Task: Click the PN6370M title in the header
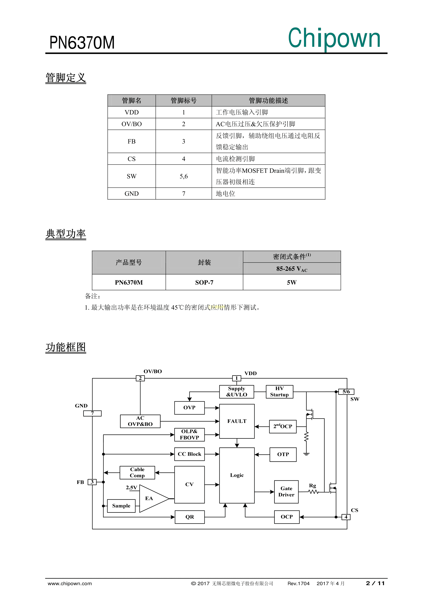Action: coord(82,43)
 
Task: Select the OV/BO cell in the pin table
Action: coord(132,124)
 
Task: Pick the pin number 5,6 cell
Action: coord(184,176)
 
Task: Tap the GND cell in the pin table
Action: coord(132,194)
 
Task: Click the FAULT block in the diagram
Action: coord(237,421)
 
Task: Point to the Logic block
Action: coord(237,475)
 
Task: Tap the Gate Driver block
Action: coord(286,492)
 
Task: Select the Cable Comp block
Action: coord(137,473)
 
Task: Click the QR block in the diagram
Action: coord(190,517)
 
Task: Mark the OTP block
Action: coord(283,454)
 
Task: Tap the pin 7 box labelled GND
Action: coord(92,413)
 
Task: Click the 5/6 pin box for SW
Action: coord(346,392)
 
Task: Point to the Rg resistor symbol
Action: coord(313,492)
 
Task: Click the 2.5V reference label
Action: coord(132,488)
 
